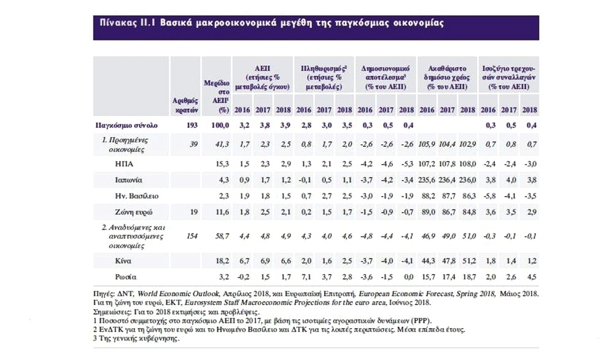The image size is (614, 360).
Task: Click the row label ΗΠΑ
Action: [x=124, y=164]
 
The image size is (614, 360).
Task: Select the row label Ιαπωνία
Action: [x=128, y=180]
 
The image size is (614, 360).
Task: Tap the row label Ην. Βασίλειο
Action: [x=137, y=196]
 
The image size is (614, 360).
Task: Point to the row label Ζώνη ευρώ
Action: [x=133, y=213]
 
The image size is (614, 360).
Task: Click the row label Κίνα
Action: [x=123, y=261]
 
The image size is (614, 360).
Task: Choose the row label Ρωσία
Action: [x=126, y=277]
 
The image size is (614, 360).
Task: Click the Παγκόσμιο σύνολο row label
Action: [x=126, y=125]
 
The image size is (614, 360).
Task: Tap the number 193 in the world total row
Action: [x=192, y=125]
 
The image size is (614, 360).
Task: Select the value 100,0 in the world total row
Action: [x=220, y=125]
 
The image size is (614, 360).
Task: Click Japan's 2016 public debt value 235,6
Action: [x=427, y=180]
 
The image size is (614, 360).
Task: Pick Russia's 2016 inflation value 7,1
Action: [x=306, y=277]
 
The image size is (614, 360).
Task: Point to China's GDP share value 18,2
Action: [x=222, y=261]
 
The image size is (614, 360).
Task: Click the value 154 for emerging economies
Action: [x=192, y=237]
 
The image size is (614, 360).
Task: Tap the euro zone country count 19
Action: [x=194, y=213]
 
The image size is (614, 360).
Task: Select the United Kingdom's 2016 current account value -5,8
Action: [x=489, y=196]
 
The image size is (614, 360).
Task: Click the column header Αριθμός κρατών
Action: [x=185, y=106]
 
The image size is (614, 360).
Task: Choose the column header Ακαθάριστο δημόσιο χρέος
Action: [x=447, y=77]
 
